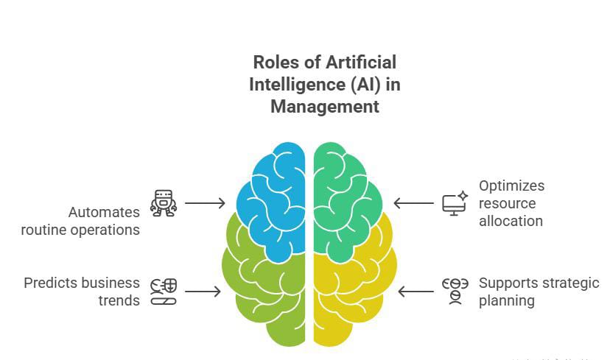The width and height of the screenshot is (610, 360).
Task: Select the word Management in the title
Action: point(324,107)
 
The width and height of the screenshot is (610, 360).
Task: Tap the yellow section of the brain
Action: point(354,294)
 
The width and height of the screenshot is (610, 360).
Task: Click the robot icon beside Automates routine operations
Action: point(163,202)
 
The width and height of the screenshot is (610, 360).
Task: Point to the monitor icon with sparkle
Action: point(455,202)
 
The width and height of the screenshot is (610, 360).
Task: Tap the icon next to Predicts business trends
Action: point(163,292)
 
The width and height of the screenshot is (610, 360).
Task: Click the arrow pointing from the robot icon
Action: point(204,202)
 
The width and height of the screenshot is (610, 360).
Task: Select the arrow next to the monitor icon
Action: point(413,203)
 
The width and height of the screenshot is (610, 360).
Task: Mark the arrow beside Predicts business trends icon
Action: point(202,292)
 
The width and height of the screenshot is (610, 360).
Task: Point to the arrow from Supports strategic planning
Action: point(416,292)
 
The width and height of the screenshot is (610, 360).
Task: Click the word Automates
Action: point(104,212)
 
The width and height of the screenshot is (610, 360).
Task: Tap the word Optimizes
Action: point(511,186)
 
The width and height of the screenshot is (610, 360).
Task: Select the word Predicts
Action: point(51,283)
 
